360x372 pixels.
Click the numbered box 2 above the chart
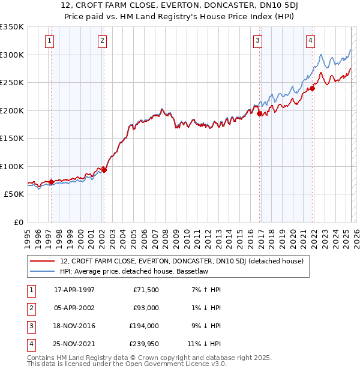click(103, 41)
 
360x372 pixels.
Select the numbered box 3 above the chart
click(257, 41)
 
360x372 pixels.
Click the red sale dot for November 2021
click(313, 88)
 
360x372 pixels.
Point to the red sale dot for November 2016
click(259, 113)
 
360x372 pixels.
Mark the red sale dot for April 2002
click(104, 170)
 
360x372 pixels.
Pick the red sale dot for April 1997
click(51, 182)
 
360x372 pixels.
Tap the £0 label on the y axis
click(18, 222)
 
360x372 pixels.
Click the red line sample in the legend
click(42, 261)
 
